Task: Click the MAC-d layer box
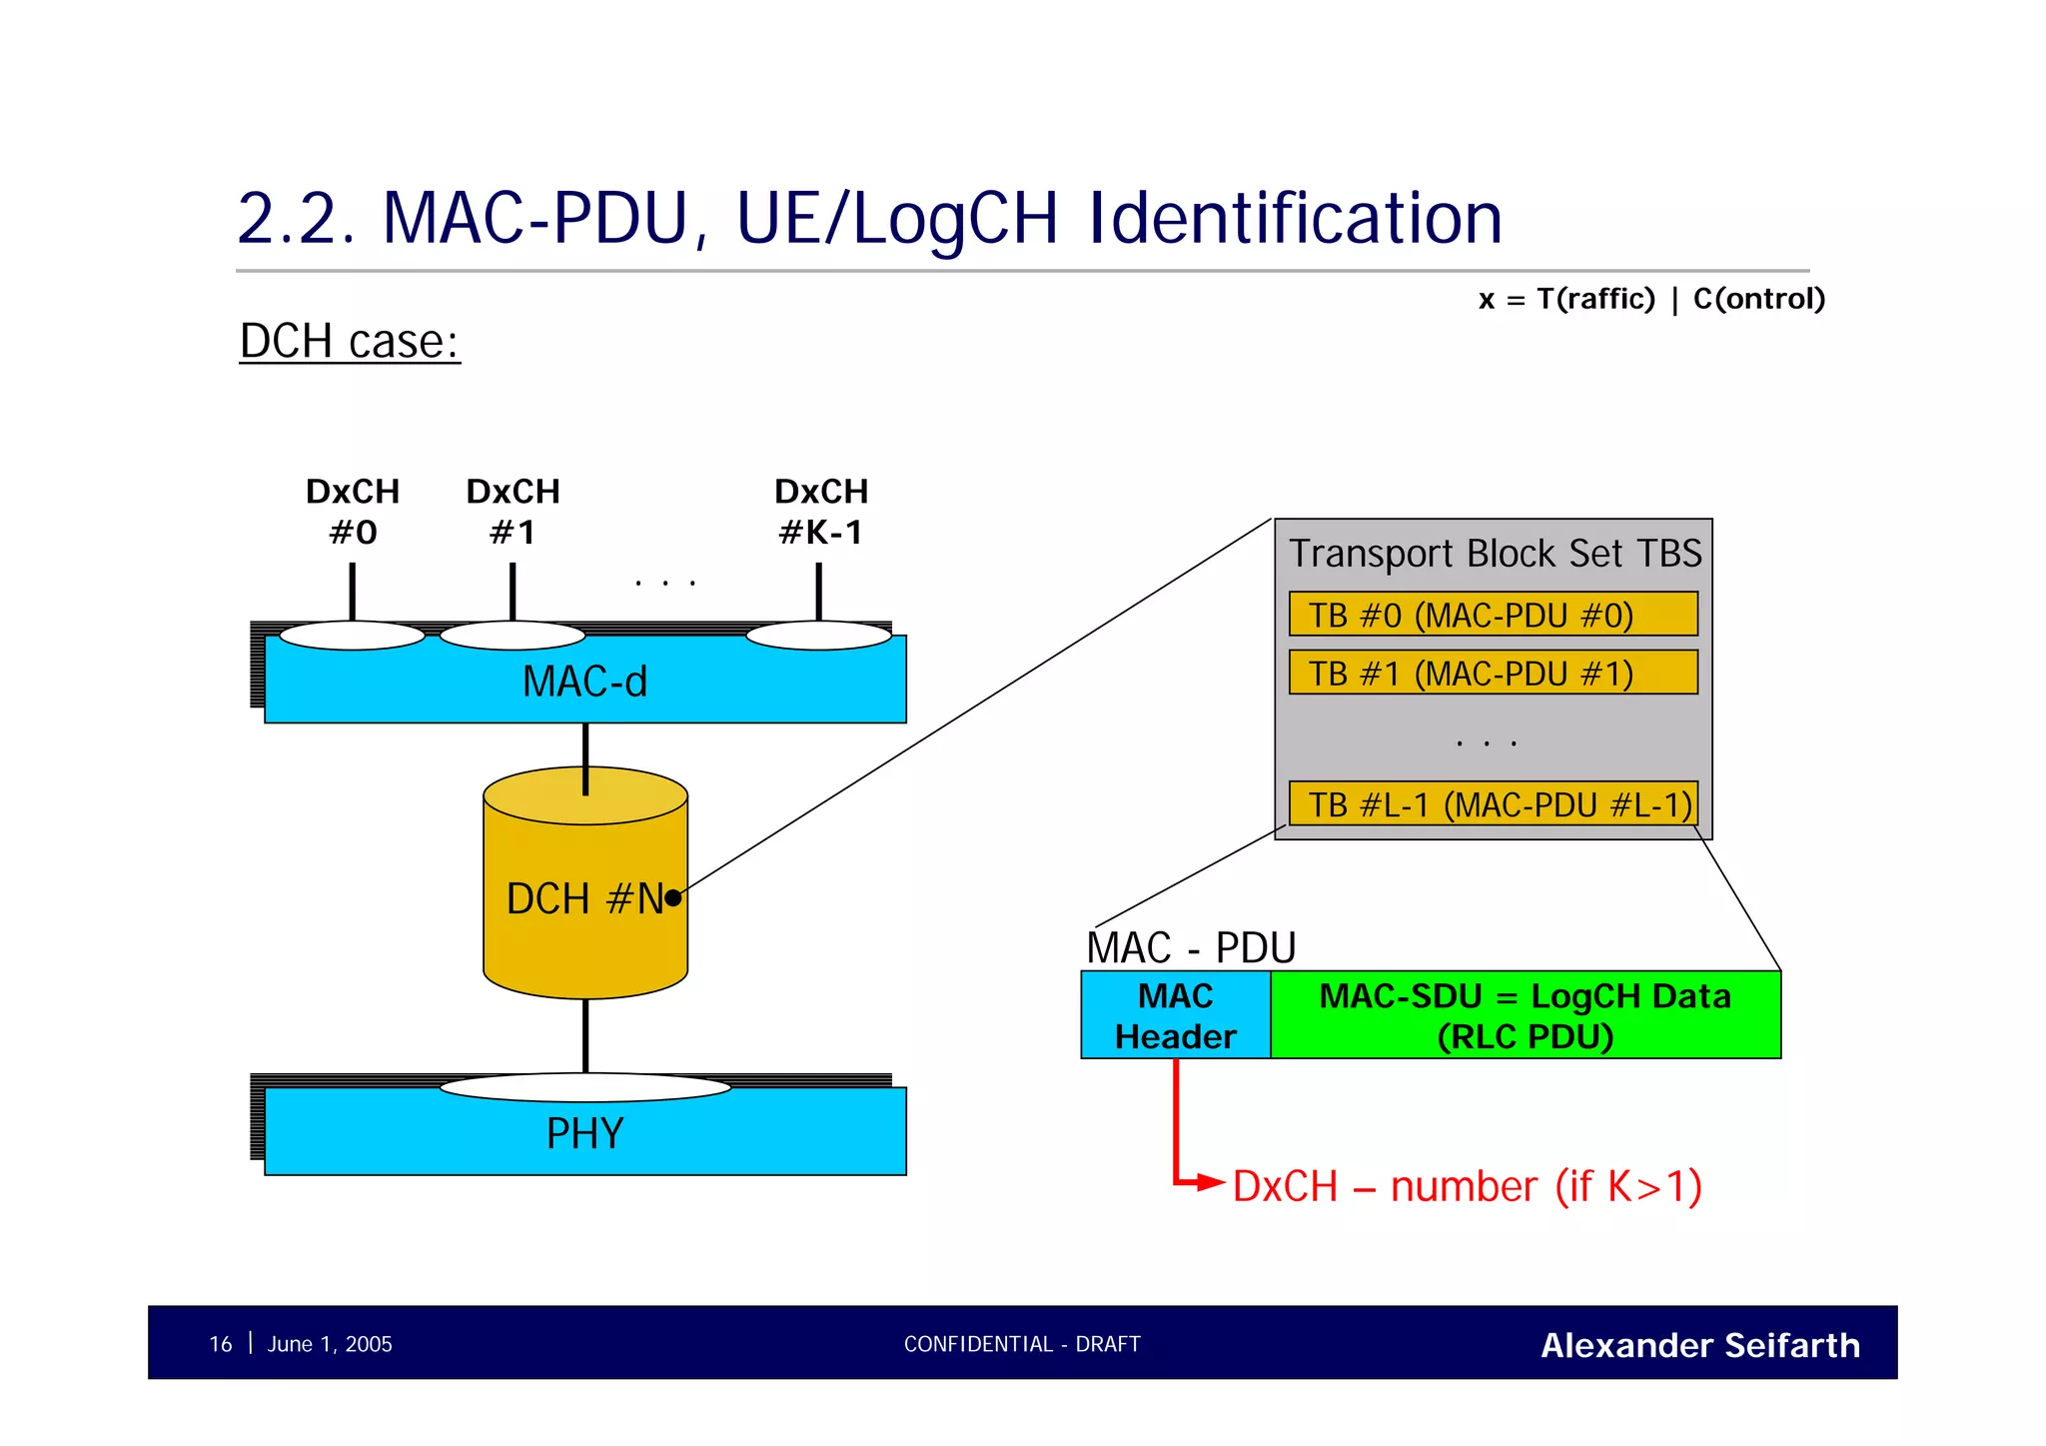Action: coord(584,682)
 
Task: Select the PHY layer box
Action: coord(584,1133)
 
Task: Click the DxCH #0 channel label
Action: coord(353,512)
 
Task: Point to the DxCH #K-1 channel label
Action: coord(820,512)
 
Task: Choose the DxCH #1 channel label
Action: coord(512,512)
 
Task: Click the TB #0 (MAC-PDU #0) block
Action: coord(1493,615)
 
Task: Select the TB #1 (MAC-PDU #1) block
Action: coord(1493,673)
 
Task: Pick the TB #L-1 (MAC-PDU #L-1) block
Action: coord(1493,803)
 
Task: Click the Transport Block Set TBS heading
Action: coord(1495,554)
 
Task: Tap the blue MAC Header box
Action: coord(1175,1015)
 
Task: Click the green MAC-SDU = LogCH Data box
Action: coord(1525,1015)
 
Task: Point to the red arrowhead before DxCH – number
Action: coord(1211,1183)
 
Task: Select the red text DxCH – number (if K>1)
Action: coord(1467,1187)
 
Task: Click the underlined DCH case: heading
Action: coord(350,342)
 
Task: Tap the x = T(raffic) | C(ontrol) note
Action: coord(1651,299)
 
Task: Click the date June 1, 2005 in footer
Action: coord(330,1344)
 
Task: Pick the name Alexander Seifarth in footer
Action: coord(1699,1345)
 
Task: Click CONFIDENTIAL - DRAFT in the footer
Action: coord(1022,1344)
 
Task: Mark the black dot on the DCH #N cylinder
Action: coord(673,897)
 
